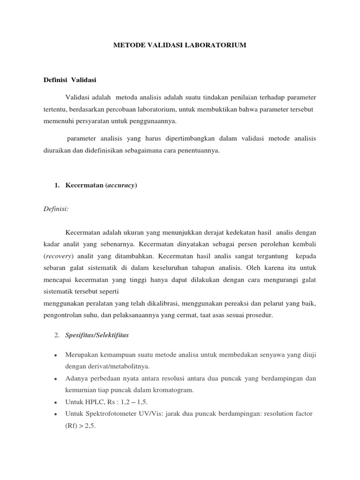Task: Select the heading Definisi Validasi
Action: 69,80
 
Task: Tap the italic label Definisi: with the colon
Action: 56,209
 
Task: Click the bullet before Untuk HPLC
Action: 56,402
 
